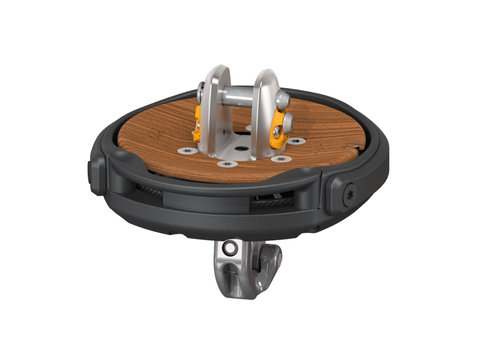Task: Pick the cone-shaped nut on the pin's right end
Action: [x=284, y=98]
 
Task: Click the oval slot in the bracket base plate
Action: [x=243, y=148]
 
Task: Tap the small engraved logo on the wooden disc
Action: [x=157, y=134]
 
